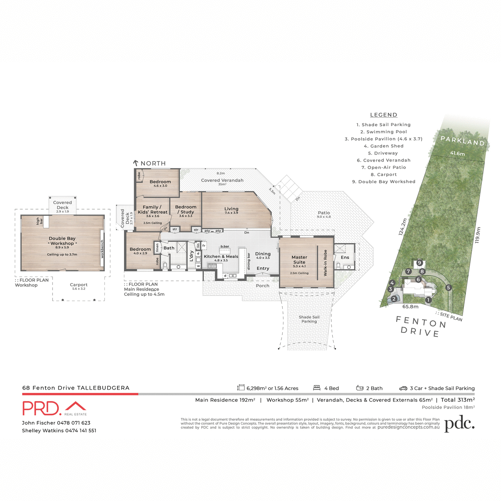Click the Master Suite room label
click(299, 260)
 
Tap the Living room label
click(231, 209)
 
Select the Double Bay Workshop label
click(62, 241)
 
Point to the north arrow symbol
click(136, 163)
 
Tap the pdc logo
click(459, 424)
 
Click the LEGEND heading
click(384, 115)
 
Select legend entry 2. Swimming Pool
click(384, 132)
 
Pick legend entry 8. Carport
click(384, 175)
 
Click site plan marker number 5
click(448, 288)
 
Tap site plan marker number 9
click(420, 263)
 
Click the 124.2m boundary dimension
click(402, 227)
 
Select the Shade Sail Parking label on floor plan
click(309, 319)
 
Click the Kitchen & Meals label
click(221, 257)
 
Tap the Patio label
click(324, 213)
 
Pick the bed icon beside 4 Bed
click(316, 388)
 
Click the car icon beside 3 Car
click(403, 388)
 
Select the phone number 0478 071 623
click(73, 423)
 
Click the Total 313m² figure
click(458, 400)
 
